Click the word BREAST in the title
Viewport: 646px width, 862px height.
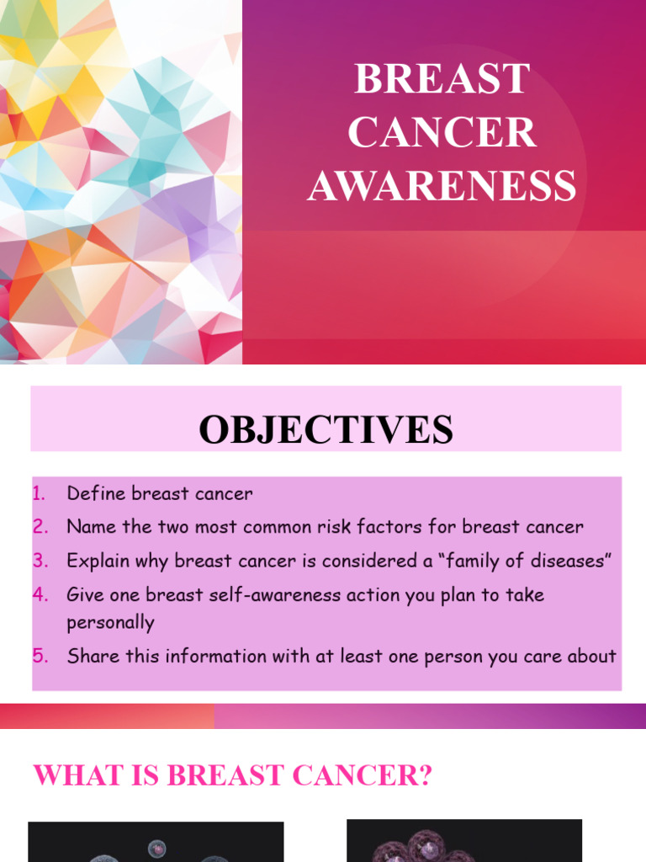pyautogui.click(x=442, y=80)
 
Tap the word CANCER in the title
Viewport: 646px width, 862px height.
pyautogui.click(x=442, y=133)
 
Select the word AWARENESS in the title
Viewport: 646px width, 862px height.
pyautogui.click(x=442, y=186)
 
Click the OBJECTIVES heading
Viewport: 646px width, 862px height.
pyautogui.click(x=326, y=430)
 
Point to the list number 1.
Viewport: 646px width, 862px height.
pyautogui.click(x=39, y=494)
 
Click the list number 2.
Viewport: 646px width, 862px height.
pyautogui.click(x=40, y=528)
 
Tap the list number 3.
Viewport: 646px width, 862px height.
pyautogui.click(x=40, y=561)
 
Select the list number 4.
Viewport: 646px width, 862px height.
pyautogui.click(x=40, y=595)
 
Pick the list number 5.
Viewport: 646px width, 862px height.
pyautogui.click(x=40, y=656)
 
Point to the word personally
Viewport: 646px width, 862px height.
pyautogui.click(x=111, y=624)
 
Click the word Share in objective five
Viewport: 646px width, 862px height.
pyautogui.click(x=93, y=656)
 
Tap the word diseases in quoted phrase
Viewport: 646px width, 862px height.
pyautogui.click(x=566, y=561)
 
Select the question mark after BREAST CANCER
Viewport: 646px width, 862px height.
pyautogui.click(x=425, y=775)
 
